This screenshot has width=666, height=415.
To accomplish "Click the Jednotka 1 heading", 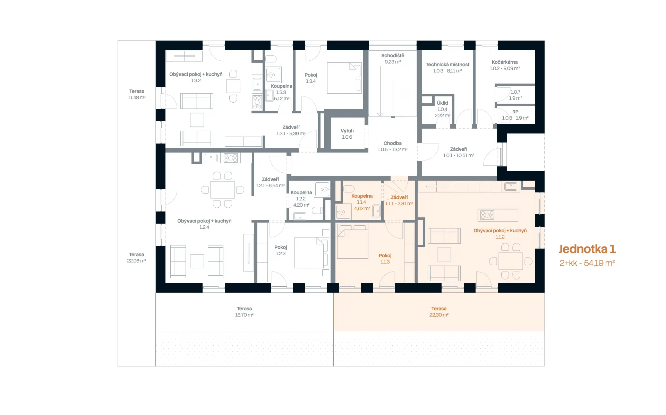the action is coord(587,249).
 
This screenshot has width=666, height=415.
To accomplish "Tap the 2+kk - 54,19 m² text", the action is coord(587,263).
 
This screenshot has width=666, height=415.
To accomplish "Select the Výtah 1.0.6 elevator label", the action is coord(347,134).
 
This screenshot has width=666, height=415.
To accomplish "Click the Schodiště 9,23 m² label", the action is coord(393,59).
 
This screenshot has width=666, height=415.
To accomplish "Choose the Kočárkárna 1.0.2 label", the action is coord(505,65).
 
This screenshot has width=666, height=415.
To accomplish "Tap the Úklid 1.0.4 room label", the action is coord(443,109).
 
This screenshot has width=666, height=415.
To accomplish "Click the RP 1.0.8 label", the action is coord(515,115).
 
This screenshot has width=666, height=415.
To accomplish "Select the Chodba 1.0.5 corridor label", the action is coord(393,146).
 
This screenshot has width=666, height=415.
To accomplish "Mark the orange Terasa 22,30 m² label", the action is coord(439,312).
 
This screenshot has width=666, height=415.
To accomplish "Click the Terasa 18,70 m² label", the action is coord(244,312).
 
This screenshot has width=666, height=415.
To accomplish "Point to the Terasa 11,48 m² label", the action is coord(137,94).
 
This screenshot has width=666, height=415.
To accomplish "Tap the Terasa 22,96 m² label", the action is coord(136,258).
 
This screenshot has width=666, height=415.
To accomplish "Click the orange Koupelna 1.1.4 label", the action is coord(362,202).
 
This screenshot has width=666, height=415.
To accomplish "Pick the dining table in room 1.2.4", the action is coord(222,190).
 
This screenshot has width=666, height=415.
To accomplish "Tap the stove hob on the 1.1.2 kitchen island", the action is coord(487,215).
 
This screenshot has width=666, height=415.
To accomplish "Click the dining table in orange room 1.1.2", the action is coord(511,261).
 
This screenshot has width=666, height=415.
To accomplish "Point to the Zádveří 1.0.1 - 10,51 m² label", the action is coord(459,152).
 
